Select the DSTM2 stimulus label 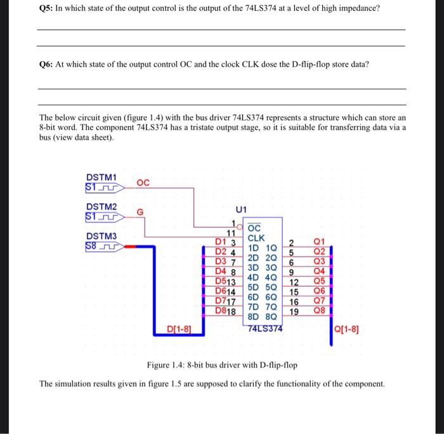[101, 207]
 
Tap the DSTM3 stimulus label [101, 237]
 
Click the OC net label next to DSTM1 [143, 183]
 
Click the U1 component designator [241, 209]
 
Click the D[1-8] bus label [179, 328]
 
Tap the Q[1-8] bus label [350, 328]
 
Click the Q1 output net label [319, 241]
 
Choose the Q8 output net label [319, 311]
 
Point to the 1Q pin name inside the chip [271, 248]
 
